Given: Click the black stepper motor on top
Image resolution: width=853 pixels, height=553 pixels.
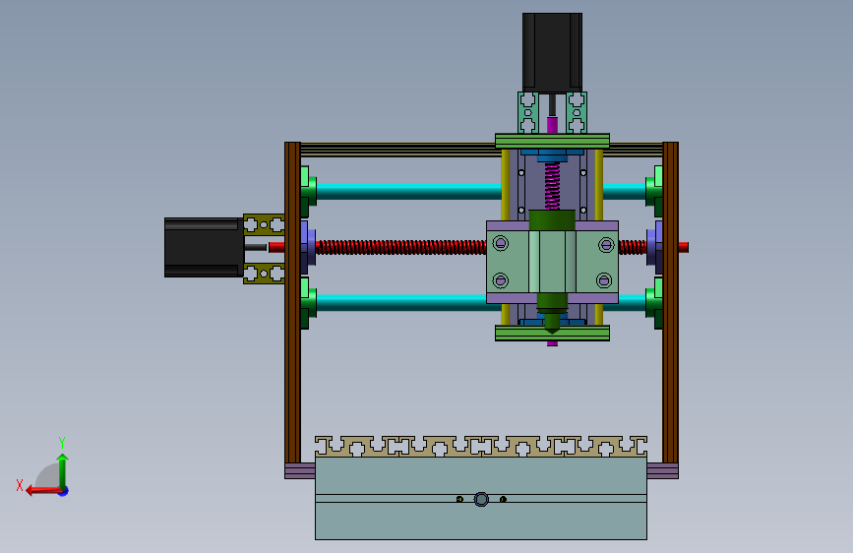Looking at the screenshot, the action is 552,53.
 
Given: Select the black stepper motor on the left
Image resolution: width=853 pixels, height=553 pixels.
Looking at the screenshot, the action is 204,248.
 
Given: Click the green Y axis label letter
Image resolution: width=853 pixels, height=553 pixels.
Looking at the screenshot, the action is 62,442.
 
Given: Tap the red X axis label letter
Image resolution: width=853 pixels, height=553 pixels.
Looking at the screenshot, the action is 20,485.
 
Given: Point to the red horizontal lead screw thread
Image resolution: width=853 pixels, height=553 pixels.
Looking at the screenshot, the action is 401,247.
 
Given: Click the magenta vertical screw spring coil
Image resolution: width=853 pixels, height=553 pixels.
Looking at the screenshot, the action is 552,186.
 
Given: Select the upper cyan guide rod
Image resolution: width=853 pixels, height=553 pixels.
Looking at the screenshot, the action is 408,191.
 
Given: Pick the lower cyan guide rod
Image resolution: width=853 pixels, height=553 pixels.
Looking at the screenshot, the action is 401,303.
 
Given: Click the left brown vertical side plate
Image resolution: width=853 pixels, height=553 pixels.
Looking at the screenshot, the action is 292,303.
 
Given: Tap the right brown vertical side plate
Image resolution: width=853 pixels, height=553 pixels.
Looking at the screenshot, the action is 670,303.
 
